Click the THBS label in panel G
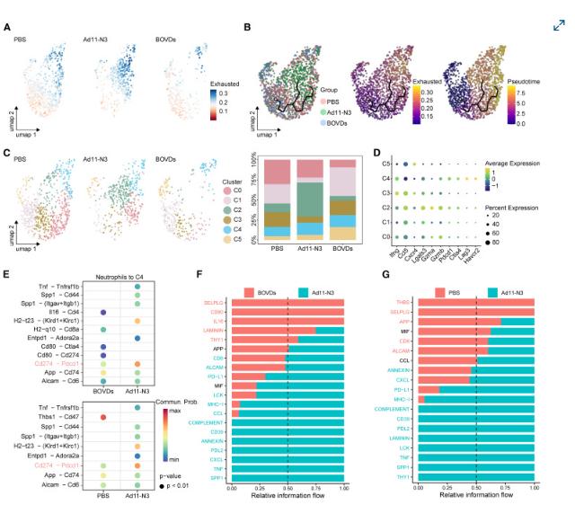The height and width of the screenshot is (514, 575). [406, 301]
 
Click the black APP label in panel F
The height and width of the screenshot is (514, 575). [218, 348]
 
